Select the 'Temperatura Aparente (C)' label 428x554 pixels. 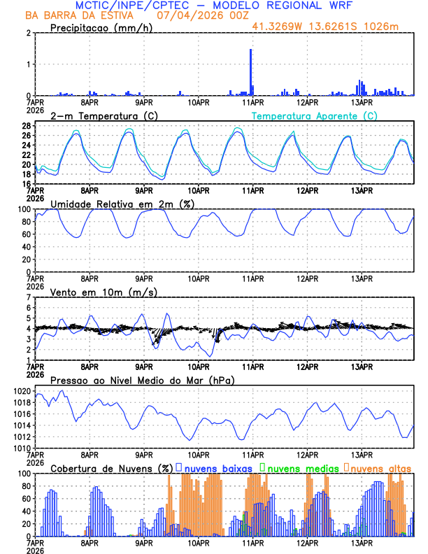click(x=315, y=115)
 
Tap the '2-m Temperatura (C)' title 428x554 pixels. click(x=99, y=115)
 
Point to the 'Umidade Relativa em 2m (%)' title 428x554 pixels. click(x=120, y=204)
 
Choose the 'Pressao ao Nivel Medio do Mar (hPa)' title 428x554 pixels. click(x=142, y=380)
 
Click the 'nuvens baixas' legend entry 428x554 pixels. click(x=216, y=468)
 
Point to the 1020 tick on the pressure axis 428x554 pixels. click(x=22, y=391)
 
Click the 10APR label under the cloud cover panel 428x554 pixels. click(x=199, y=542)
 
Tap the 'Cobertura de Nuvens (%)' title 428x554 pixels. click(x=110, y=468)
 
